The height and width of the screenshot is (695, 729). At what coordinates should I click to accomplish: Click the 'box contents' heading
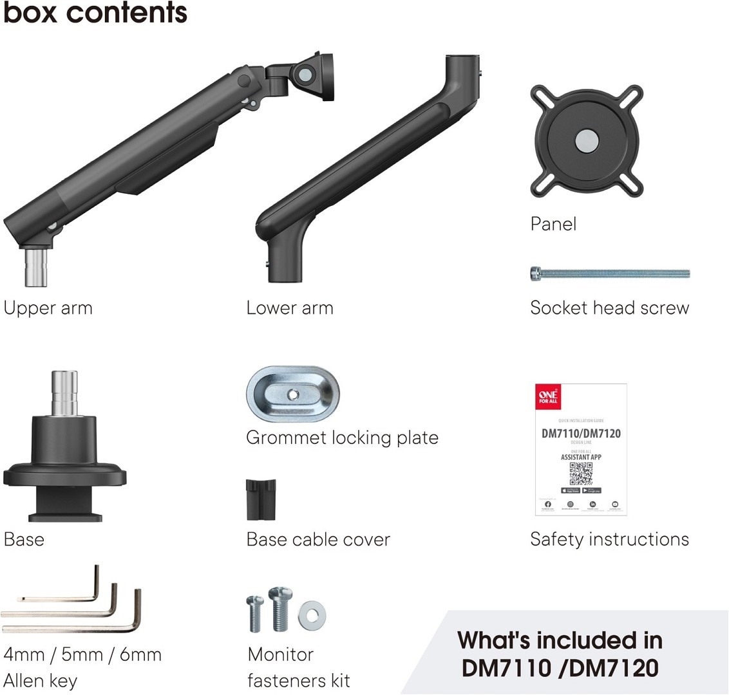[x=95, y=13]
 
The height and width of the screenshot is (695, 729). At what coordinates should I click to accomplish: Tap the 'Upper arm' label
[x=48, y=308]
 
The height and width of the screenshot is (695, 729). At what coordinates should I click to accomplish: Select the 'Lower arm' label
[x=290, y=308]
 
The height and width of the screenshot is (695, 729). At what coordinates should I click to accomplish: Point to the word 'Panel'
[x=553, y=224]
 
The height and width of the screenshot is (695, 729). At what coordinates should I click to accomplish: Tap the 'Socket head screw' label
[x=609, y=308]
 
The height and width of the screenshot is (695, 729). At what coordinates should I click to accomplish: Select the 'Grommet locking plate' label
[x=342, y=438]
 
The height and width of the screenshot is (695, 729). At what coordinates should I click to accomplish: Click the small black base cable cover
[x=261, y=499]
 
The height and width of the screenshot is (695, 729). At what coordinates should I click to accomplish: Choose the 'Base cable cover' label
[x=318, y=539]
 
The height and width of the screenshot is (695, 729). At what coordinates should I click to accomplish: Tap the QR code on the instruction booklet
[x=581, y=474]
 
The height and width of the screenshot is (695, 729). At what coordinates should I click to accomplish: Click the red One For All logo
[x=548, y=396]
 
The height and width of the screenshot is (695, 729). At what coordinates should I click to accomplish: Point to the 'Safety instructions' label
[x=609, y=539]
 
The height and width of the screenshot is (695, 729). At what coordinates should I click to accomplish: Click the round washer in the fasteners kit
[x=312, y=615]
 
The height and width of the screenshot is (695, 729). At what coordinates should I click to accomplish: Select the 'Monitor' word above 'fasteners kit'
[x=280, y=654]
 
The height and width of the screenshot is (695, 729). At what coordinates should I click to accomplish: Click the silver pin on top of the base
[x=64, y=392]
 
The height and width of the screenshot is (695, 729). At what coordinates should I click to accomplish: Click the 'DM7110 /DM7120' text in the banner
[x=560, y=669]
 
